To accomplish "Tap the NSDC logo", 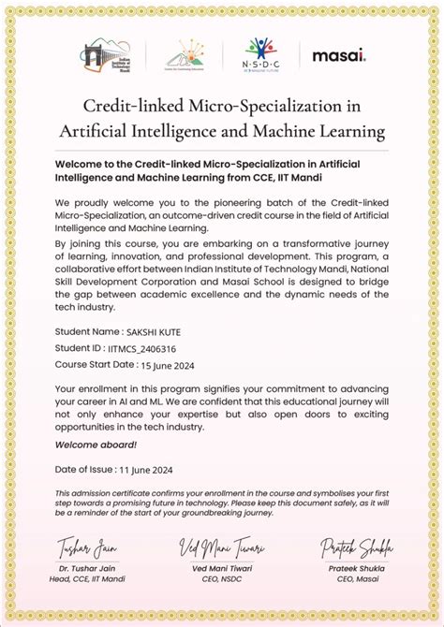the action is point(261,54).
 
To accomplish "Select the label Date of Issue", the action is point(84,469).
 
